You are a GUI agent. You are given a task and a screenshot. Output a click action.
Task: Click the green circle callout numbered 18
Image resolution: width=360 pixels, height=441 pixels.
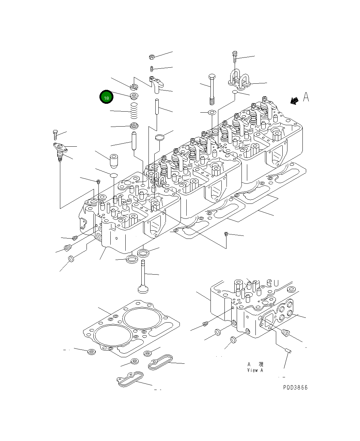click(x=106, y=97)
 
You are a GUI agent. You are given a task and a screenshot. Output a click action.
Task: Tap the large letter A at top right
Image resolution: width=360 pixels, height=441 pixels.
click(x=306, y=97)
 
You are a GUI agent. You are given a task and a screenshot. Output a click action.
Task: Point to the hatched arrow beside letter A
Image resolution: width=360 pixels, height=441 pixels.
click(x=294, y=100)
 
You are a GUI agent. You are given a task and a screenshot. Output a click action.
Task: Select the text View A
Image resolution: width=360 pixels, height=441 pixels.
click(x=255, y=370)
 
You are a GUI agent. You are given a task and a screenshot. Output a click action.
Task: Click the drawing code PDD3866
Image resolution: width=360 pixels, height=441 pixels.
click(x=295, y=388)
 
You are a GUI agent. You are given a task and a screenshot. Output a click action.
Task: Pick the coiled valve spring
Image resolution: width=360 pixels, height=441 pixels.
click(x=134, y=111)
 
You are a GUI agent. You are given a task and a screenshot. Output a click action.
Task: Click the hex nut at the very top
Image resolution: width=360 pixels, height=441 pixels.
click(x=152, y=57)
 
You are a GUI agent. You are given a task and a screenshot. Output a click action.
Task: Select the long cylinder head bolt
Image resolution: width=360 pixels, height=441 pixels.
click(x=212, y=89)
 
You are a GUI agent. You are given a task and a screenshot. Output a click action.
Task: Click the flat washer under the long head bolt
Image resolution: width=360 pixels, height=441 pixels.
click(x=212, y=112)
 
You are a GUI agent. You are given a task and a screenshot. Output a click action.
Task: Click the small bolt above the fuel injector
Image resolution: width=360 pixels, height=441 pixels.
click(x=55, y=135)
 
